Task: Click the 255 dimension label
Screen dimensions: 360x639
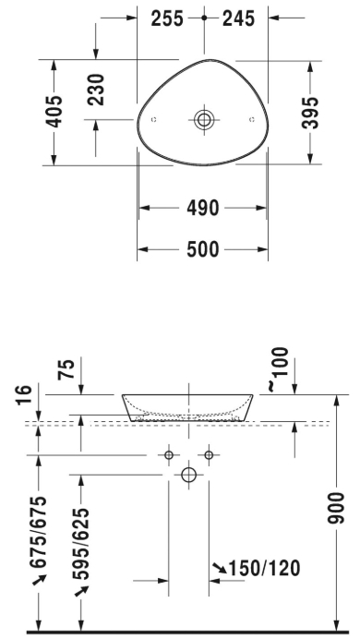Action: pos(167,18)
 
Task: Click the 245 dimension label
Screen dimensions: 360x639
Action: pos(239,18)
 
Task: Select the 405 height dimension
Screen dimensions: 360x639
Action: pos(54,112)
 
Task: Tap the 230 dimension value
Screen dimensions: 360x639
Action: pos(96,90)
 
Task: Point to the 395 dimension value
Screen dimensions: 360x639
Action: pos(310,113)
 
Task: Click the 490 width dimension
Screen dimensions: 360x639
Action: pos(203,209)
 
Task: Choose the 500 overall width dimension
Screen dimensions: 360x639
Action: pos(203,249)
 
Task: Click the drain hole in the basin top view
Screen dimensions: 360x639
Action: pos(204,120)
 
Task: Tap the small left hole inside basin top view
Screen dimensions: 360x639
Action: pos(153,120)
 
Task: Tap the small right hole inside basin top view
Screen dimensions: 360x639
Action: pos(252,119)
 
